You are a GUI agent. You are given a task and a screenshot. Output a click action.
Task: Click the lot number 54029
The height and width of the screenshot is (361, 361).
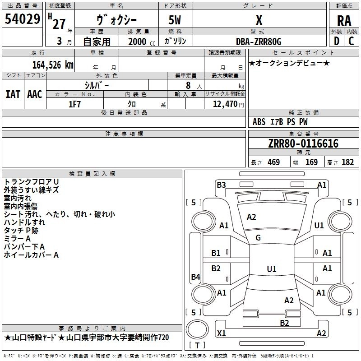coord(22,19)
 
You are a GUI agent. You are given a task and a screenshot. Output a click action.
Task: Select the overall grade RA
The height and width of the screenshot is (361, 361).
coord(344,21)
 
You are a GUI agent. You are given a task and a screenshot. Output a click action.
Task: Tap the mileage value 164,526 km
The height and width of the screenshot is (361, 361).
coord(53,65)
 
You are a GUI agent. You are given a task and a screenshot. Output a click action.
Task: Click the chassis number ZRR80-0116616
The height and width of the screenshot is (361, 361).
coord(303,143)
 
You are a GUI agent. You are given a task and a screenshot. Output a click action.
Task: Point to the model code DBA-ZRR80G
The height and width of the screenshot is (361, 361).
coord(259,42)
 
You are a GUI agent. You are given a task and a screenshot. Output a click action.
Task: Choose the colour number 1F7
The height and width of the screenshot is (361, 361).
coord(74,104)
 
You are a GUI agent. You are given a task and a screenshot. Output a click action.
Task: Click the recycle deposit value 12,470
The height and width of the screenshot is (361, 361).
coord(225,104)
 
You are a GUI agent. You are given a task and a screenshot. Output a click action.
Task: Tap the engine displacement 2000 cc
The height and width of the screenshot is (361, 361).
coord(142,42)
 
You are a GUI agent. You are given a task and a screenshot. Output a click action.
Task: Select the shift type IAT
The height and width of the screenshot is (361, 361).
coord(13,94)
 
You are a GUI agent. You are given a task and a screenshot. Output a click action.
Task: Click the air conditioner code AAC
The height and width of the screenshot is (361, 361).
coord(35,94)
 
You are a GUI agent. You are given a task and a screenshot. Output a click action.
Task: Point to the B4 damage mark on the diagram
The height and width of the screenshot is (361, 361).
coord(196,277)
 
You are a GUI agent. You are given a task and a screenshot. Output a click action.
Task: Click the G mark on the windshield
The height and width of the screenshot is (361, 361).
coord(258,238)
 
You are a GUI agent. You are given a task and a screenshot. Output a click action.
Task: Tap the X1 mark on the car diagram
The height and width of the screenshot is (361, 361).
coord(221,333)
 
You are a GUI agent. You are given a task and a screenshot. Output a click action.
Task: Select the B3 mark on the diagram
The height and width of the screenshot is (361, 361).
coord(221,185)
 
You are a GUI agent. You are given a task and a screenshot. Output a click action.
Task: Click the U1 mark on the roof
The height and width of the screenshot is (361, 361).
coord(272,269)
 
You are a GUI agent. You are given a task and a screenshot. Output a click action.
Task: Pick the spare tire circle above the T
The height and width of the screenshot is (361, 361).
coord(197,329)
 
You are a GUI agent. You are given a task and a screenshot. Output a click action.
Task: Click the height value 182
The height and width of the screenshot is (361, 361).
coord(347,162)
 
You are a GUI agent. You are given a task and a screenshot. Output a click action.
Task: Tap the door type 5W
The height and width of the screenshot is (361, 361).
coord(175,20)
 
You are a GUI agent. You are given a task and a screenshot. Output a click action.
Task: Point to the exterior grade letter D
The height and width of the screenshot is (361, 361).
coord(337,41)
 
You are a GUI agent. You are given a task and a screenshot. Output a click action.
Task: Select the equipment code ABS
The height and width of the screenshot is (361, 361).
coord(259,122)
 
